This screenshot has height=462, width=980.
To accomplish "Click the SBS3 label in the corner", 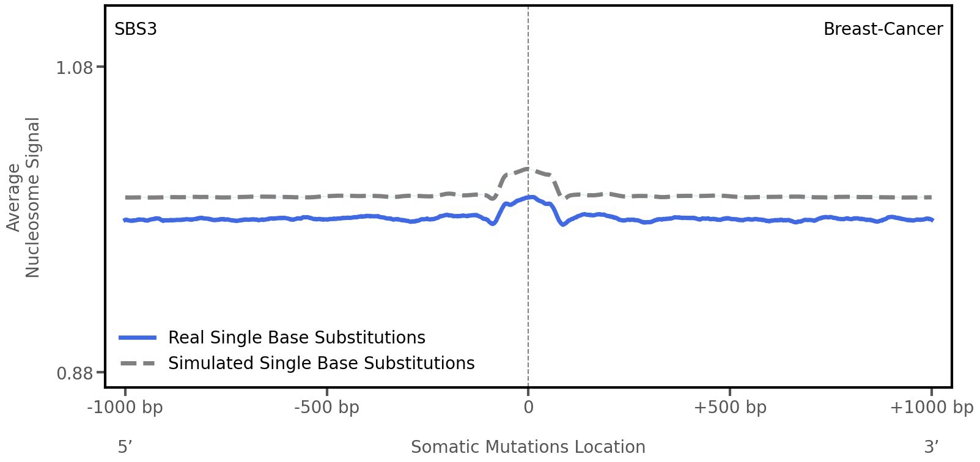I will point(136,29).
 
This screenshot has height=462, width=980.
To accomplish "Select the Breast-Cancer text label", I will point(883,29).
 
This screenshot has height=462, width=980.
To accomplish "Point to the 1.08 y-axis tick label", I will point(75,67).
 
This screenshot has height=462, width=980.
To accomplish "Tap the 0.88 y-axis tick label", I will point(75,373).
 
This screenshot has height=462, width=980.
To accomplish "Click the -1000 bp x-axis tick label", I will point(125,408).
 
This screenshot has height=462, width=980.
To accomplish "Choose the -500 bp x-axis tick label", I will point(326,408).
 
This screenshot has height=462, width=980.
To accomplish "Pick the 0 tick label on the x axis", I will point(528,408).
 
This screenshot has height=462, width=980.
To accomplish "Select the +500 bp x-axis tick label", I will point(730,408).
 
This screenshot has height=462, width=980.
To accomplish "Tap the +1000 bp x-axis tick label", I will point(931,408).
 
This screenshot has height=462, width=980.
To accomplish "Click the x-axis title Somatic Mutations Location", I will point(528,447).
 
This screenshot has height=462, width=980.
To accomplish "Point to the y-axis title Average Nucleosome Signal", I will point(24,197).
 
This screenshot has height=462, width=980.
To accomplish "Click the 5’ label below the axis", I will point(125,447).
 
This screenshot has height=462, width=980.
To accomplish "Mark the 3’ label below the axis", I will point(931,447).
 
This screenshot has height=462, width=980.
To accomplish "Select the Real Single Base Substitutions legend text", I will point(297,338).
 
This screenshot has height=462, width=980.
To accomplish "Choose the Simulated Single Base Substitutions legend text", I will point(321,364).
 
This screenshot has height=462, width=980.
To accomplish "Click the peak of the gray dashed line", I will point(527,169).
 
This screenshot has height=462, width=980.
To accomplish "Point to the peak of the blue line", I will point(531,197).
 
